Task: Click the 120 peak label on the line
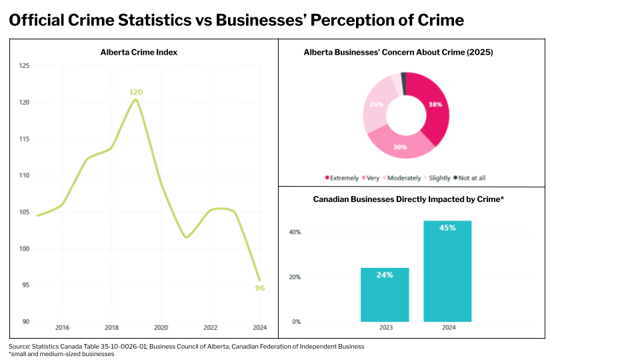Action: click(136, 92)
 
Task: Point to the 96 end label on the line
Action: click(260, 288)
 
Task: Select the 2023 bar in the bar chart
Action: click(385, 295)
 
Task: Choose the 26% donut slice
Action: click(376, 107)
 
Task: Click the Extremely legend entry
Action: click(342, 178)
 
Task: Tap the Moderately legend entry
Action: click(401, 178)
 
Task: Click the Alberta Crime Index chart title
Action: click(139, 52)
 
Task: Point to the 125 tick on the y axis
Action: click(25, 66)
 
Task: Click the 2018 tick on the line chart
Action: click(111, 327)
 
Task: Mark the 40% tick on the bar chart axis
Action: click(294, 232)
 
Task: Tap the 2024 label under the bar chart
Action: click(447, 327)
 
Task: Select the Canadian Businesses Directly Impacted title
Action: click(408, 199)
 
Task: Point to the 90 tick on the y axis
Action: click(25, 321)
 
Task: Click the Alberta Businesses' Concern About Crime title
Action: click(398, 52)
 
